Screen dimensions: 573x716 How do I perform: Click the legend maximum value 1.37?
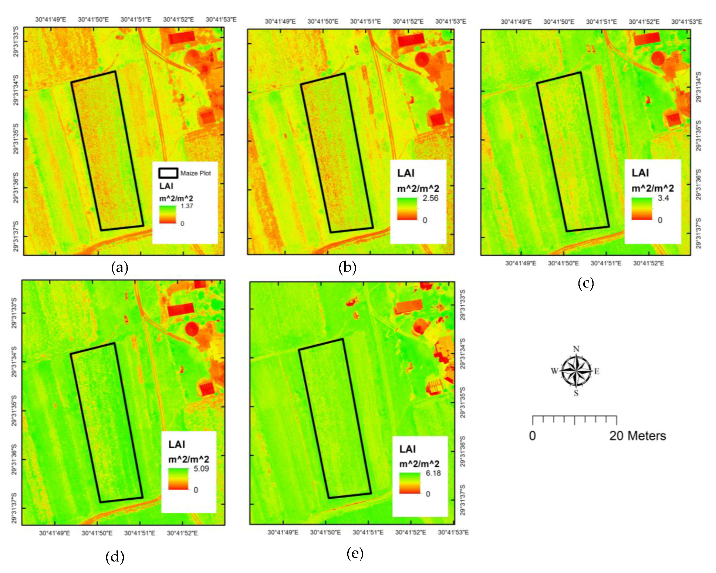pos(187,206)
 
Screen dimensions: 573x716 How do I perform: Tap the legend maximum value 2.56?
pos(430,198)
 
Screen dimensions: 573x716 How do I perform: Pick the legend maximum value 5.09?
pos(201,469)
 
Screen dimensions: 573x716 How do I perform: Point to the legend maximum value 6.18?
pos(433,473)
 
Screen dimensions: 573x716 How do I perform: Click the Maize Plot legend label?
pos(195,173)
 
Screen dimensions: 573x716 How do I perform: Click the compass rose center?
pos(576,371)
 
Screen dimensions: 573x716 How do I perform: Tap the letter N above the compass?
pos(576,349)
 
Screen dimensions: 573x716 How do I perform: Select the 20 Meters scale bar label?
pos(637,436)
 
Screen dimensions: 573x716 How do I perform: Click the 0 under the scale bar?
pos(532,436)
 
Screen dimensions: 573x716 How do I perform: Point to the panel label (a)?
pos(119,267)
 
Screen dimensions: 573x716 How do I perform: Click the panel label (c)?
pos(585,283)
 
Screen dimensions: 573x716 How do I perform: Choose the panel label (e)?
pos(355,553)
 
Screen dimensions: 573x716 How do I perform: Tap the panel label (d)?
pos(115,557)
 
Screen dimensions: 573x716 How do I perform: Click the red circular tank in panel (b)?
pos(422,59)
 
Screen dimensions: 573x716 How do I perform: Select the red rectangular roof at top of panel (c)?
pos(647,38)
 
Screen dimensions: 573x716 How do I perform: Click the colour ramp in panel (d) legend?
pos(178,479)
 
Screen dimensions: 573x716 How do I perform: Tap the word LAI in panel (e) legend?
pos(407,449)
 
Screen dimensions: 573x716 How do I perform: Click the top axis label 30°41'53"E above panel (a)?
pos(221,19)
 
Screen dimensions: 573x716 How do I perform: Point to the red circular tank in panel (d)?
pos(192,328)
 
